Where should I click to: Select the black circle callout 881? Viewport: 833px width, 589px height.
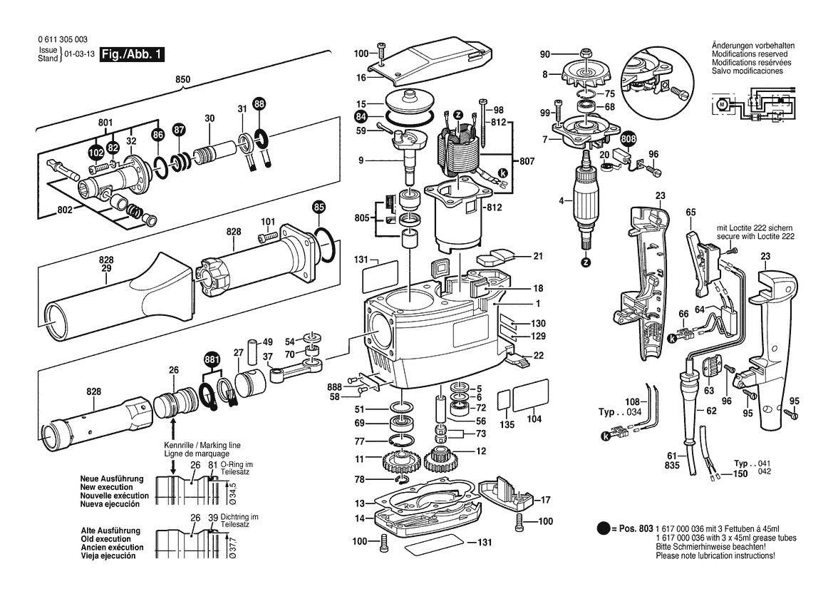pos(211,359)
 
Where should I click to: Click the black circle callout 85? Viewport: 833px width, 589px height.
pos(319,208)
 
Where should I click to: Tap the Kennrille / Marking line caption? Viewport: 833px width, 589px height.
pos(196,449)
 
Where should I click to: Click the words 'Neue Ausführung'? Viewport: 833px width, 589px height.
pos(112,478)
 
